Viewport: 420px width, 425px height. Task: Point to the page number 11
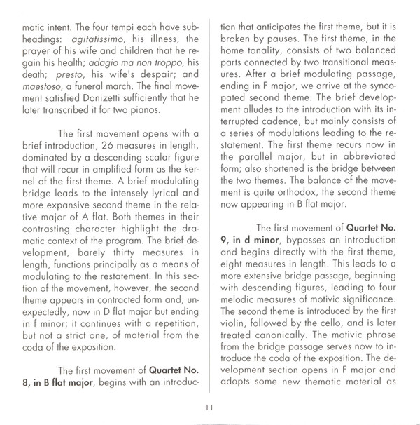click(209, 409)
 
